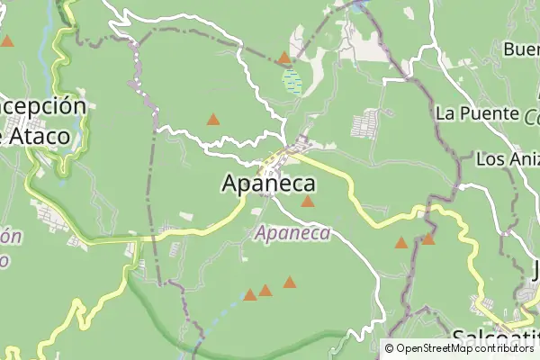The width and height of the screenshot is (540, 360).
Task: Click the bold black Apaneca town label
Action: tap(268, 184)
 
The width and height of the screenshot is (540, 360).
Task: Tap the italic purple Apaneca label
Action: tap(292, 233)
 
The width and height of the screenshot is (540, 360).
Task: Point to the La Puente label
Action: tap(477, 113)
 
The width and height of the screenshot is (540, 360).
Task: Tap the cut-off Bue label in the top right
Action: tap(521, 49)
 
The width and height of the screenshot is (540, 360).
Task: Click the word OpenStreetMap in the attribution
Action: tap(439, 348)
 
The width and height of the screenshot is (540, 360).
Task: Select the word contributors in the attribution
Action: tap(508, 348)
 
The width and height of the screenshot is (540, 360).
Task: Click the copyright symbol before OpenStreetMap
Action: tap(390, 348)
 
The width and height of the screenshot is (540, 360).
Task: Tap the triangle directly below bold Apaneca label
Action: tap(308, 202)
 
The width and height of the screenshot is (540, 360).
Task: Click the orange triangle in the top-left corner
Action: tap(7, 41)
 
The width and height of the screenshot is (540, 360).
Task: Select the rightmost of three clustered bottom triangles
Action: tap(290, 283)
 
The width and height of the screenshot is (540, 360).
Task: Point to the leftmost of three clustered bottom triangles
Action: tap(250, 295)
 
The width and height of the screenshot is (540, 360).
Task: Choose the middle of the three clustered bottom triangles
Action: tap(265, 291)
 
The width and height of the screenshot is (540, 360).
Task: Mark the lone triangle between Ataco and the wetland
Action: tap(213, 119)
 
